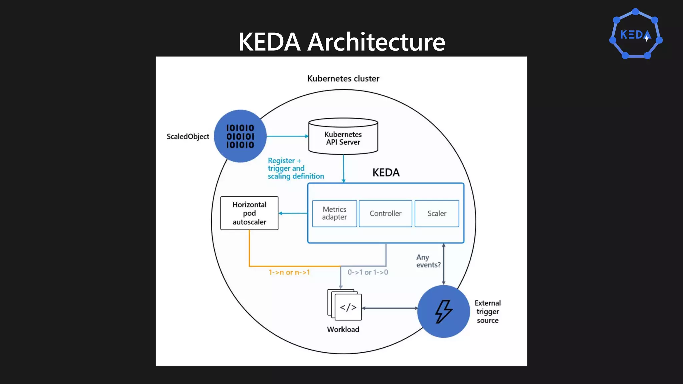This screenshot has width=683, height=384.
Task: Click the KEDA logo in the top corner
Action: coord(636,34)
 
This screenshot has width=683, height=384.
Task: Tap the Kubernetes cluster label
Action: coord(343,79)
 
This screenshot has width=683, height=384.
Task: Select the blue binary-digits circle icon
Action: coord(240,136)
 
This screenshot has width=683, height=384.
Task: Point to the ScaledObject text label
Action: coord(188,136)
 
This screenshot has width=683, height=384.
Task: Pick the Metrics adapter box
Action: coord(334,213)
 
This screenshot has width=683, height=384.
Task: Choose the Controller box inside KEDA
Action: coord(385,213)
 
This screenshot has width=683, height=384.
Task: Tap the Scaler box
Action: coord(437,213)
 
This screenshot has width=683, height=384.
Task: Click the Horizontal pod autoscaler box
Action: coord(249,213)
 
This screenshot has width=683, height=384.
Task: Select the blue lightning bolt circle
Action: coord(444,311)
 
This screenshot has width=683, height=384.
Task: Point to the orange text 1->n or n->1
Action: coord(289,272)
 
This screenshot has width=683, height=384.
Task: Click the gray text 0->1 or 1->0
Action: coord(368,272)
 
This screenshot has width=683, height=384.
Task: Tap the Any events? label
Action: coord(428,261)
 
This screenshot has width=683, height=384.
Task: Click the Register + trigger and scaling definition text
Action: coord(295,168)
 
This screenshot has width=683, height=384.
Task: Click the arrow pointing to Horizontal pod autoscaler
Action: coord(293,213)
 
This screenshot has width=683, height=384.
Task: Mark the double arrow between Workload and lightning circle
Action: coord(390,308)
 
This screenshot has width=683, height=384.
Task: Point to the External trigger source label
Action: coord(487,312)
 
